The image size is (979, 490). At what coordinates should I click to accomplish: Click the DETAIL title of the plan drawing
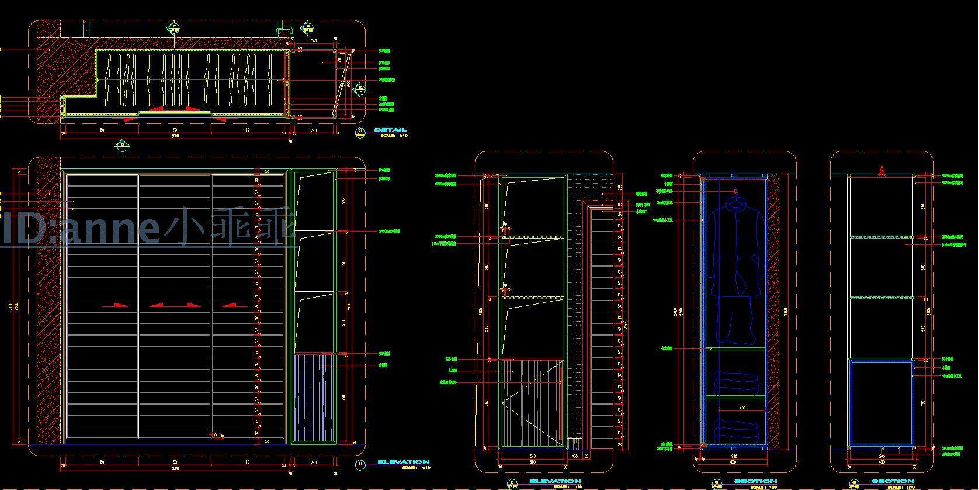[x=390, y=130]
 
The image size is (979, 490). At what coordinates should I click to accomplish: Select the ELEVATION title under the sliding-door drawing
[x=403, y=462]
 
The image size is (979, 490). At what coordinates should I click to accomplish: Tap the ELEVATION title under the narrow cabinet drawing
[x=555, y=481]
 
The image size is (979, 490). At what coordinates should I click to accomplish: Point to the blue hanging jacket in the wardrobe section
[x=736, y=246]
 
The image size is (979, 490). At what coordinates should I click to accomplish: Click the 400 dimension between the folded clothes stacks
[x=742, y=408]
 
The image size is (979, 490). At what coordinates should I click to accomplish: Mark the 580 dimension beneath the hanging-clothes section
[x=735, y=456]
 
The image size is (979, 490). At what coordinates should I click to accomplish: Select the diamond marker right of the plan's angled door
[x=360, y=88]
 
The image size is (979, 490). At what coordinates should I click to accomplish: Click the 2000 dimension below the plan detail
[x=174, y=136]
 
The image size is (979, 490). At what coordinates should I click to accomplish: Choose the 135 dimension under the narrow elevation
[x=575, y=456]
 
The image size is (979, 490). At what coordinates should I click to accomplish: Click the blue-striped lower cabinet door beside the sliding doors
[x=313, y=398]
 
